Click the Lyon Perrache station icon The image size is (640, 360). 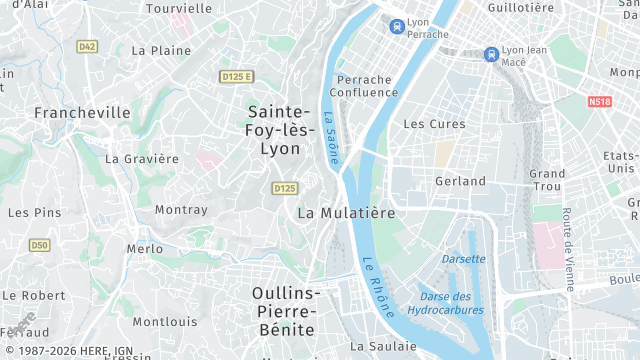click(x=397, y=27)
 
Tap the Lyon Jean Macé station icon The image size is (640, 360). click(x=490, y=54)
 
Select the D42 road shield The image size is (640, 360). click(x=88, y=46)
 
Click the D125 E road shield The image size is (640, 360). click(x=237, y=76)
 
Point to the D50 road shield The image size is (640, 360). click(x=39, y=244)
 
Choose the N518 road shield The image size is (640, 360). click(x=600, y=101)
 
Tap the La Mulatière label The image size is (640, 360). click(x=346, y=213)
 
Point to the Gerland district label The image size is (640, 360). click(x=460, y=181)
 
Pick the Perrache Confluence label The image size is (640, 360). click(x=367, y=86)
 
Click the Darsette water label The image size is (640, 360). click(x=463, y=259)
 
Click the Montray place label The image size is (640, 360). click(x=181, y=210)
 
